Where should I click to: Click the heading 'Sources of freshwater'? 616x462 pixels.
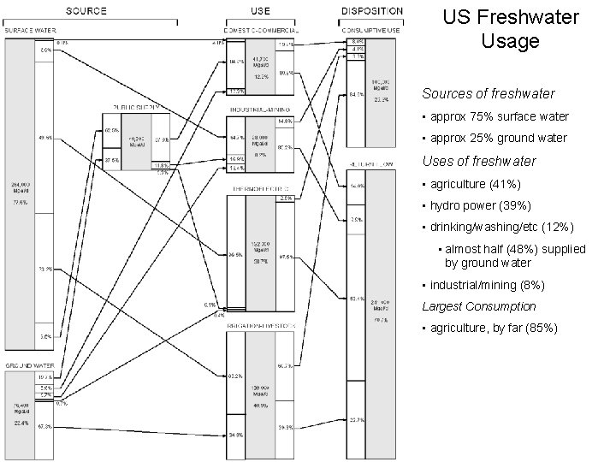point(488,93)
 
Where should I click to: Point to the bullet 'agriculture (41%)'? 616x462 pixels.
point(475,184)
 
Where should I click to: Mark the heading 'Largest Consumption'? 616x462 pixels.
point(479,306)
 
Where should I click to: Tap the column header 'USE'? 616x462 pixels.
point(262,11)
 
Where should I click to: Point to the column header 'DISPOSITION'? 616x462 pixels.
point(372,11)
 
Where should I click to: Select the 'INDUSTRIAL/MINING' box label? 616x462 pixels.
point(262,110)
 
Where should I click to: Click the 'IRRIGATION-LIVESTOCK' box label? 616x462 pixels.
point(262,326)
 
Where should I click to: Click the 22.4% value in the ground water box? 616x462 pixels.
point(20,422)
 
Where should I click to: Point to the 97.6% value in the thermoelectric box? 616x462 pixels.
point(286,256)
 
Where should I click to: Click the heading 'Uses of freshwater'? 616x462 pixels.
point(479,161)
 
